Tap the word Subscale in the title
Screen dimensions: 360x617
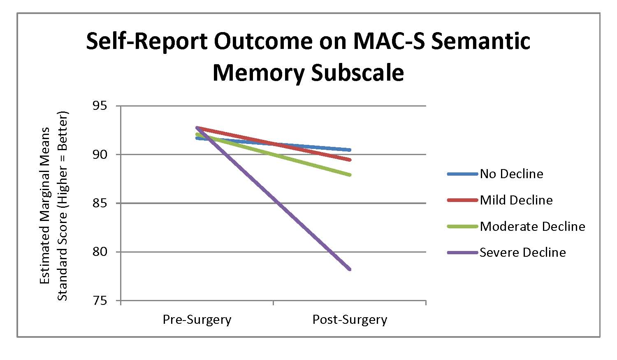pos(357,73)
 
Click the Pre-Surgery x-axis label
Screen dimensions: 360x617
pos(197,320)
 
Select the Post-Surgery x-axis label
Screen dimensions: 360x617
pos(350,320)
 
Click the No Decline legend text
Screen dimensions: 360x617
pos(511,174)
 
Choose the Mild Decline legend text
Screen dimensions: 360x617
pos(516,200)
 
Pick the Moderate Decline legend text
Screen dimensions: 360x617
pos(532,226)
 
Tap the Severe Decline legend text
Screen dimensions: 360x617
pos(523,252)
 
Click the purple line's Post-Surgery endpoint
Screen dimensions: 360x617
pos(350,269)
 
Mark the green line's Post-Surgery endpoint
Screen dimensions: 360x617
pos(350,175)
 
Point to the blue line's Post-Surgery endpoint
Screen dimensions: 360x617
pos(350,150)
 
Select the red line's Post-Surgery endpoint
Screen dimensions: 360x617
pos(350,160)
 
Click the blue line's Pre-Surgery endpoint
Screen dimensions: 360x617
pos(197,138)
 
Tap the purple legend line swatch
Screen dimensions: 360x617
pos(463,252)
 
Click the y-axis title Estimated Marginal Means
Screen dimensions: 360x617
pos(45,206)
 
